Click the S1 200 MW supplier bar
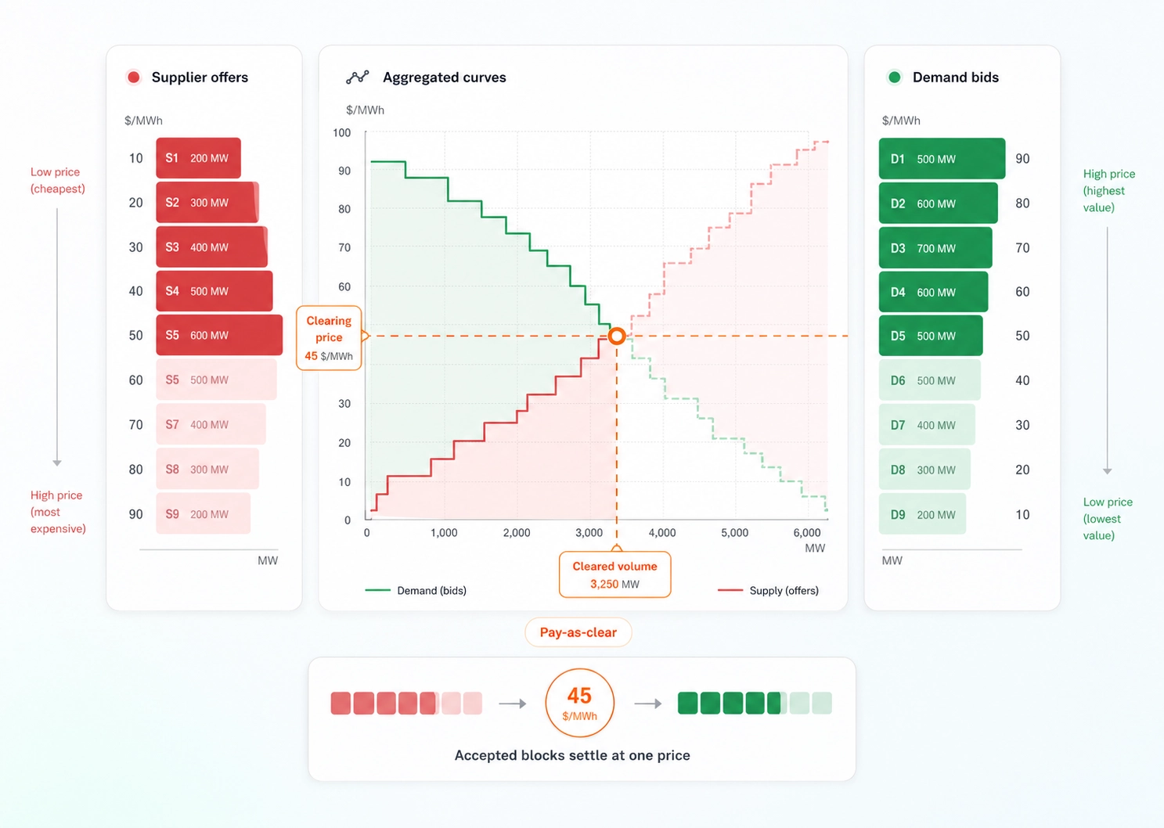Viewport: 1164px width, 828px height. point(198,158)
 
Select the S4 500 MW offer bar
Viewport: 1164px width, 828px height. point(214,291)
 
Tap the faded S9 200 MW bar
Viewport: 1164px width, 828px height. point(203,514)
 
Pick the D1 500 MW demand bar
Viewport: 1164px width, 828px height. point(941,159)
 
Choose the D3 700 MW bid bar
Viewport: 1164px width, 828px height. point(935,248)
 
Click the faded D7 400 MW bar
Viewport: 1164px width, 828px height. point(926,425)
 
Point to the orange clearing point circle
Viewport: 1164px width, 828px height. point(617,337)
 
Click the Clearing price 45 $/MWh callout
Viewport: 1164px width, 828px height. point(329,338)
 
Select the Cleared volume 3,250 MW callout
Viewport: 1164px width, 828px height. point(614,575)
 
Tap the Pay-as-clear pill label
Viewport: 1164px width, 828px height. point(578,632)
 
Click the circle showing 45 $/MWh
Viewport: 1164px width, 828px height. point(579,703)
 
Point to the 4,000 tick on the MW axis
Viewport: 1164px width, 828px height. point(662,533)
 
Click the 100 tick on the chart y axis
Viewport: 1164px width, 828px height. point(342,133)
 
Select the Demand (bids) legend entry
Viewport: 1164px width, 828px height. point(416,591)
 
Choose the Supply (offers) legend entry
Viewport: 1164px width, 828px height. point(769,591)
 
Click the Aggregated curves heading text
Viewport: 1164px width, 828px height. point(444,77)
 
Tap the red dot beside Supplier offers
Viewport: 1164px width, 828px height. point(134,77)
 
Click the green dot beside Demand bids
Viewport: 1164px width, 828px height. point(894,77)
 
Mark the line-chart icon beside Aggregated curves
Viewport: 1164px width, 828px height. point(357,77)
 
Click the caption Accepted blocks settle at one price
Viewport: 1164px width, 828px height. point(572,755)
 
